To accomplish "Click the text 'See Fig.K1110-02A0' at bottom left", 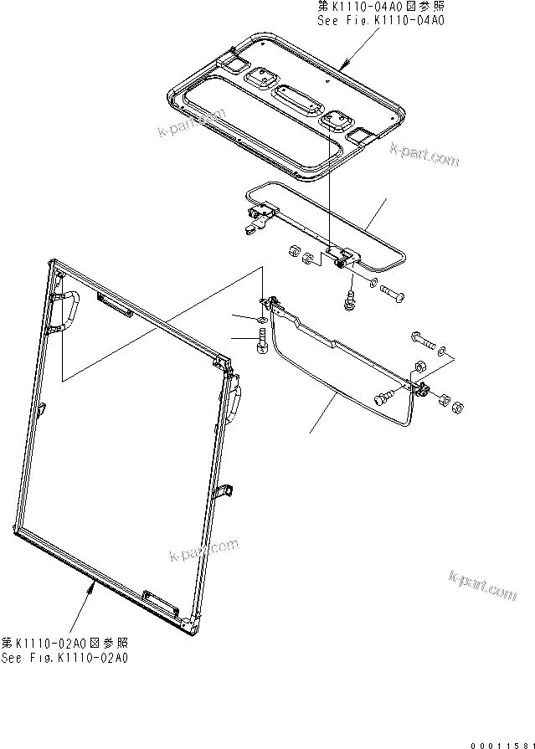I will coord(64,658).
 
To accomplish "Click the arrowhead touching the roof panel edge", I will coord(344,64).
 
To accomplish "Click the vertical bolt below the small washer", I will coord(263,343).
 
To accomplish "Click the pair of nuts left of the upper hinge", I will coord(301,254).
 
